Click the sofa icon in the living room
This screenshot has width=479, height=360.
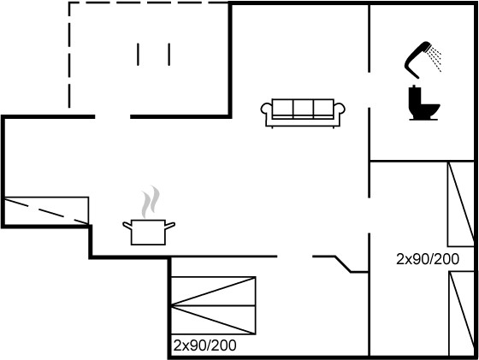coord(303,113)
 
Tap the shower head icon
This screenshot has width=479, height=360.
coord(422,58)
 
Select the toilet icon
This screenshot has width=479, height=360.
coord(424,103)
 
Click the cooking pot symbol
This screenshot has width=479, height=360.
coord(149,232)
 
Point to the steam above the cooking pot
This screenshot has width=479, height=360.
coord(151,202)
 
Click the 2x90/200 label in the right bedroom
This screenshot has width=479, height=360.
coord(428,259)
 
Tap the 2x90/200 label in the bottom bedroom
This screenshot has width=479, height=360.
coord(204,345)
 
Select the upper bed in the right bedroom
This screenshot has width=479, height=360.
coord(461,204)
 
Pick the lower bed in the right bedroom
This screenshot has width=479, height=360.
coord(461,314)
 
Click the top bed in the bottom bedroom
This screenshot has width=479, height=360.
coord(213,291)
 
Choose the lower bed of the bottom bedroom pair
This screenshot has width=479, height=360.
coord(213,320)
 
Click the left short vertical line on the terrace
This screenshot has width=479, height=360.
coord(138,55)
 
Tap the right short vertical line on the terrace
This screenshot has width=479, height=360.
coord(169,55)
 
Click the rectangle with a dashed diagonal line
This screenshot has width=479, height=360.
coord(46,210)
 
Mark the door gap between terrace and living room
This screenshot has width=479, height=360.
coord(112,116)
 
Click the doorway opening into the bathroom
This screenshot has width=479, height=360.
coord(369,90)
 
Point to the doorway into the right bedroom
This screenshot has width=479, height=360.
coord(369,215)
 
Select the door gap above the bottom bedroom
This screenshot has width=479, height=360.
coord(295,257)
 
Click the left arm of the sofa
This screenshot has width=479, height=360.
coord(266,110)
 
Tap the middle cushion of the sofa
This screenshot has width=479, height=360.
coord(304,108)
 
